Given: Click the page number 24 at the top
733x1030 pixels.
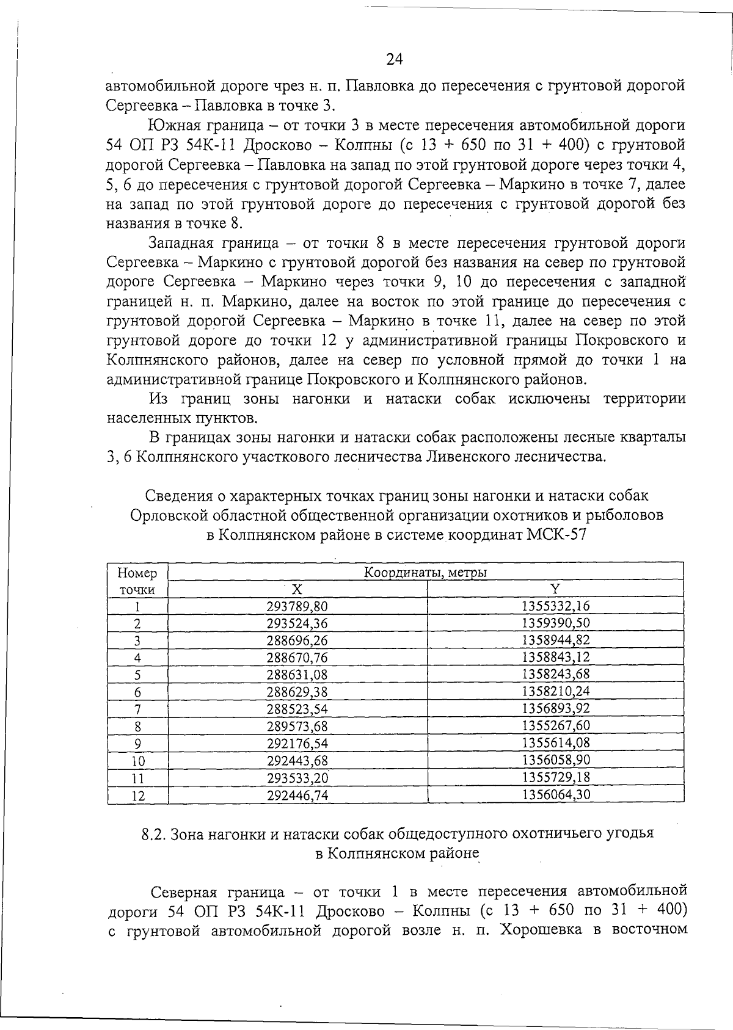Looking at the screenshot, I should click(x=395, y=59).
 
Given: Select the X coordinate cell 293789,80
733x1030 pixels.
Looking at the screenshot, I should click(x=297, y=606).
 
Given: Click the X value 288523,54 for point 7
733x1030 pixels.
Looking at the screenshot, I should click(x=297, y=709).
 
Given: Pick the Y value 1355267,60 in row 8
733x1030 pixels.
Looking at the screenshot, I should click(x=556, y=726).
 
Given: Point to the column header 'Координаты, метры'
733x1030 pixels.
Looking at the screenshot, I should click(x=425, y=573).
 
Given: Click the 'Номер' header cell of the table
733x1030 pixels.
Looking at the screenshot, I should click(x=137, y=573).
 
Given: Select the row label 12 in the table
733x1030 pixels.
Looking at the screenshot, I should click(x=137, y=796).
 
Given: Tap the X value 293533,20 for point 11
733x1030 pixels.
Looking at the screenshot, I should click(x=297, y=777).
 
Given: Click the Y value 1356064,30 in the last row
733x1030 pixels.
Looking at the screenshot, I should click(x=556, y=794).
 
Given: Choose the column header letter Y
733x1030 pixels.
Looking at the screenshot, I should click(x=555, y=589).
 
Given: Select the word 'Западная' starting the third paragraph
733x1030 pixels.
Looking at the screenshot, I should click(x=182, y=242).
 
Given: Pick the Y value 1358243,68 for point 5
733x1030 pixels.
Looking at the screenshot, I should click(x=556, y=675).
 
